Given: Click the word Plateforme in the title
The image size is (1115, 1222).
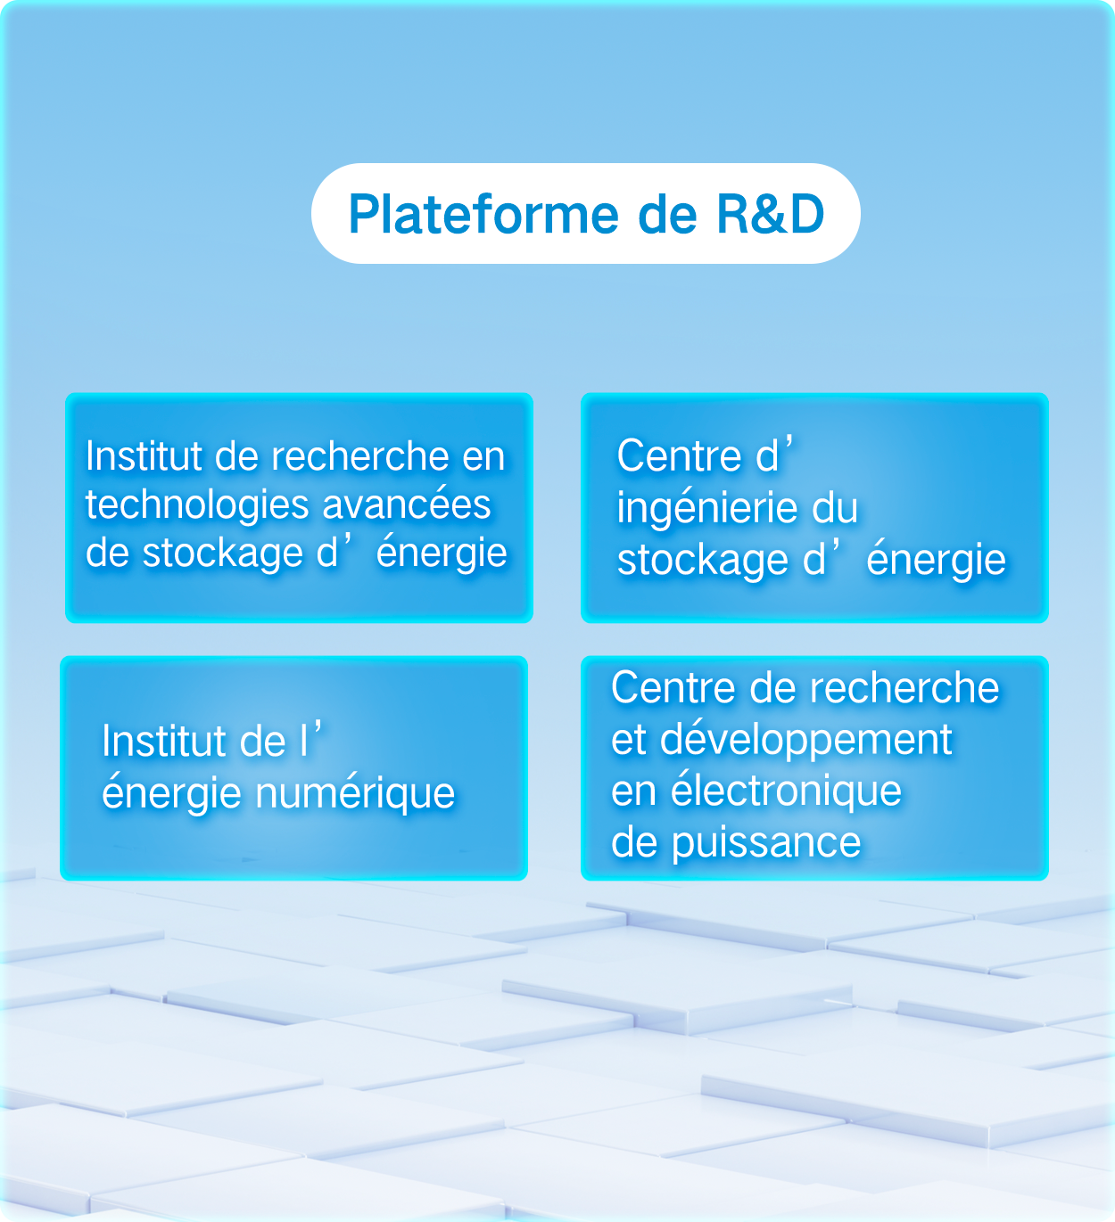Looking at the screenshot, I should point(483,215).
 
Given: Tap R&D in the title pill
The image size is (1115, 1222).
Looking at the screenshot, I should point(771,215).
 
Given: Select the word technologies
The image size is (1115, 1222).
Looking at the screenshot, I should point(198,505).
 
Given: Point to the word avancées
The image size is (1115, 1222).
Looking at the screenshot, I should point(407,505).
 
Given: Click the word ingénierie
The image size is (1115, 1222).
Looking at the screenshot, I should point(707,509).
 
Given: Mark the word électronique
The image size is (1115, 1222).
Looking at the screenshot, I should point(786,791).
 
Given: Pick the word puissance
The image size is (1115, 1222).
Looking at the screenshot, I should point(766,842).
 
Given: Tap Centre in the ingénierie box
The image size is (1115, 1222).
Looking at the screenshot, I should point(680,456).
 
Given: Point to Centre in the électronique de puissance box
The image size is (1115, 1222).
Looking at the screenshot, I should point(673,688).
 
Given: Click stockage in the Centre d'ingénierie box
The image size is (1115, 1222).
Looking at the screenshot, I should point(703,561).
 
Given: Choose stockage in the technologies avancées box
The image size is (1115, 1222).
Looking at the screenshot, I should point(223,554).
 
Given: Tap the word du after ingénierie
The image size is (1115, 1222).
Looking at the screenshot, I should point(835,509).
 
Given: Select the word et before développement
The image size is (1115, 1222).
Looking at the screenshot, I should point(628,740).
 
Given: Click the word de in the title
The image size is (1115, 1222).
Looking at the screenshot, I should point(667,215).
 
